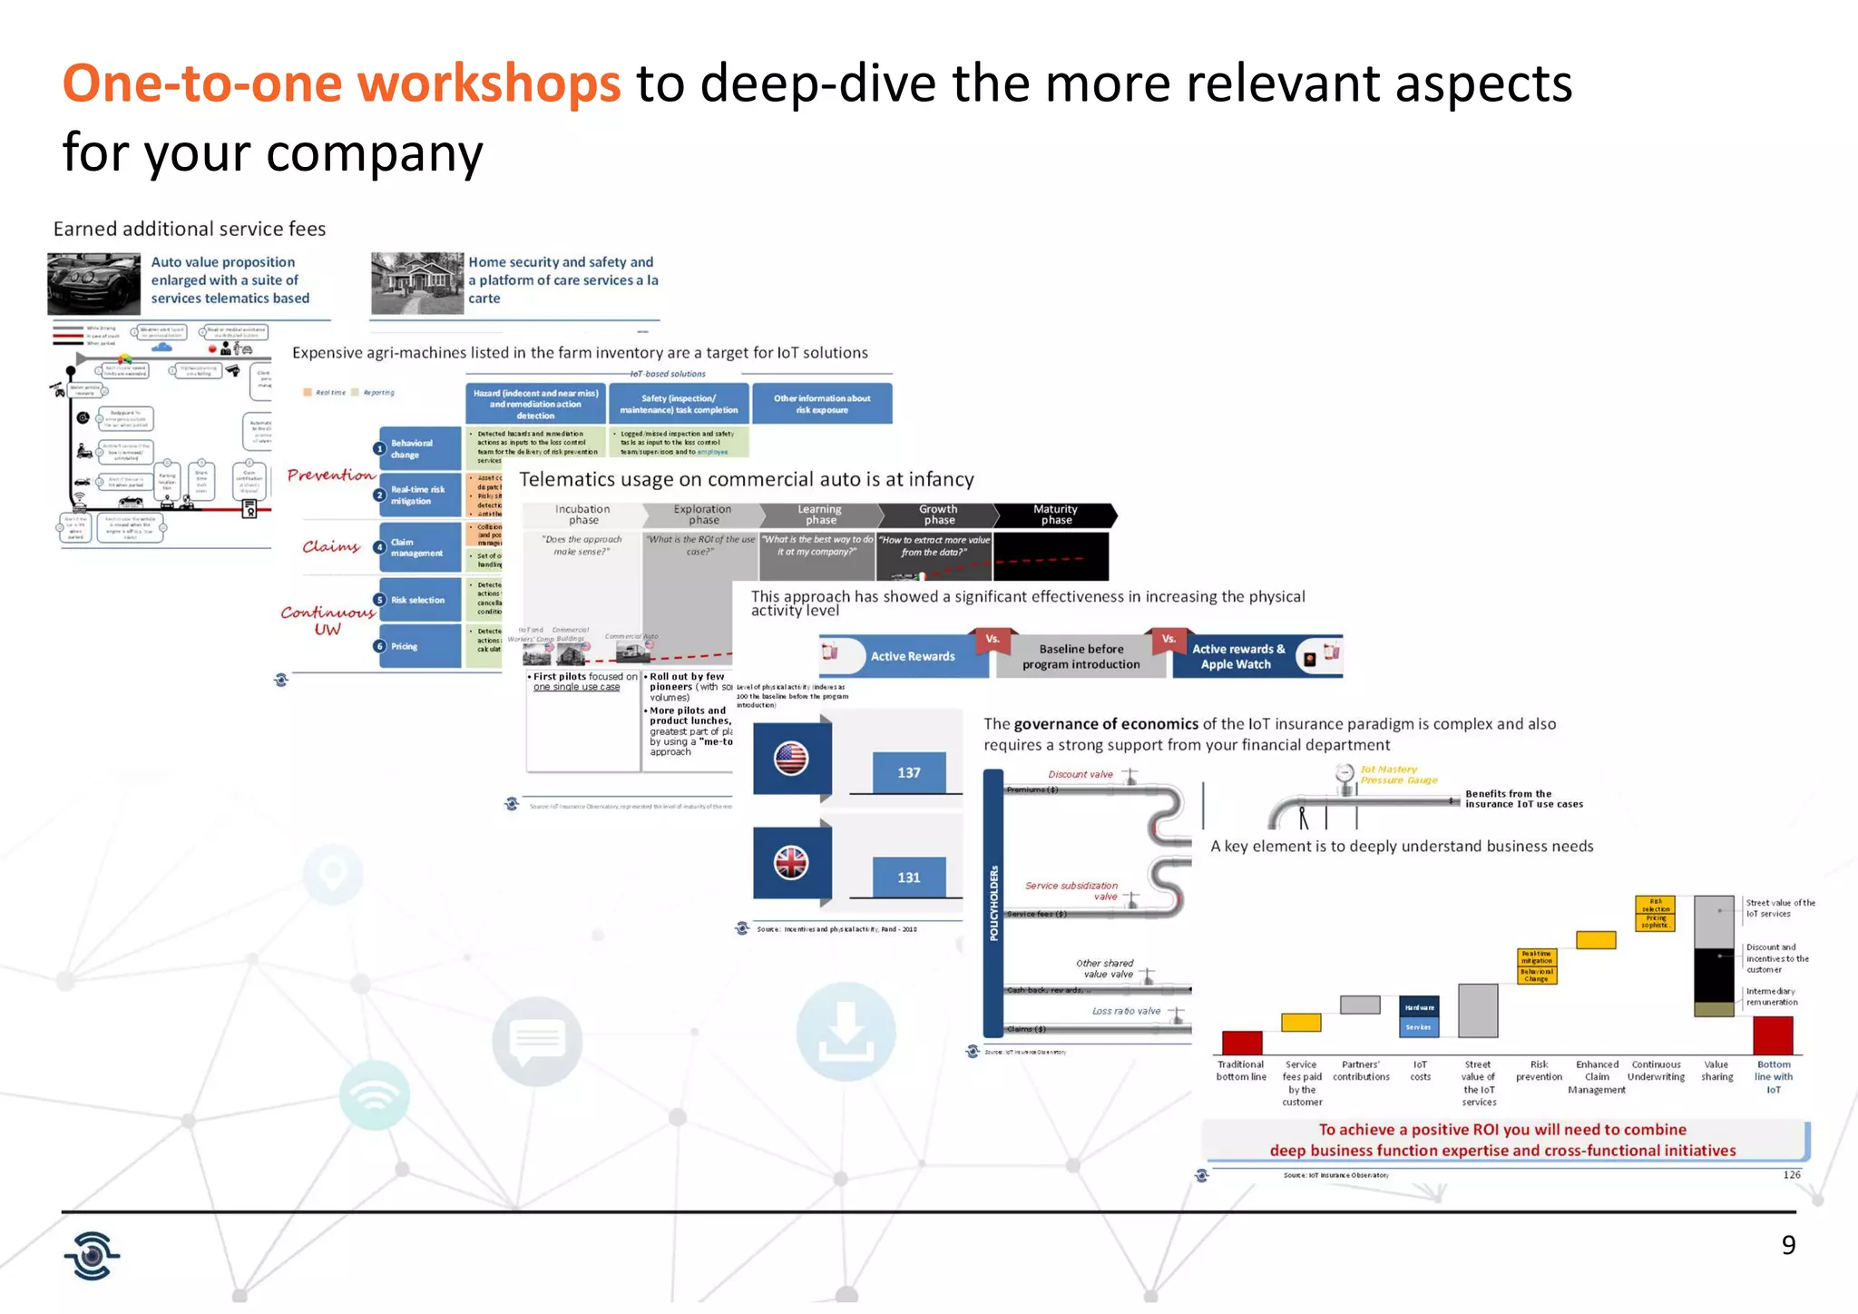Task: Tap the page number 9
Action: pos(1788,1245)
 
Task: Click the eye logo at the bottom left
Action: pos(92,1256)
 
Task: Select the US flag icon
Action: pos(791,759)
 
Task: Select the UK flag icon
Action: pos(791,862)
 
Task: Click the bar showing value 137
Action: pos(908,772)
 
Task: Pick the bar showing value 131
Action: pos(908,878)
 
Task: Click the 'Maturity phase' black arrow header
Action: pos(1055,515)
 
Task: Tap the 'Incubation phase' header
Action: pos(583,515)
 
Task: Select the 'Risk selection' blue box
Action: pos(419,600)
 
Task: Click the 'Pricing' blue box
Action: pos(419,646)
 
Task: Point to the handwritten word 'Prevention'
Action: pos(330,475)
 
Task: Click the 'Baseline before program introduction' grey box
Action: pos(1081,656)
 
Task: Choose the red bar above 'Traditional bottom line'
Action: pos(1241,1043)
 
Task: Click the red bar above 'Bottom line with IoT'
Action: pos(1773,1035)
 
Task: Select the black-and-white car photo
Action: pos(94,283)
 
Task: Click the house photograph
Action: pos(417,283)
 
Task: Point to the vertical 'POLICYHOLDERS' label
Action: pos(993,903)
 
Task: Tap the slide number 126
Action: pos(1792,1174)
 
